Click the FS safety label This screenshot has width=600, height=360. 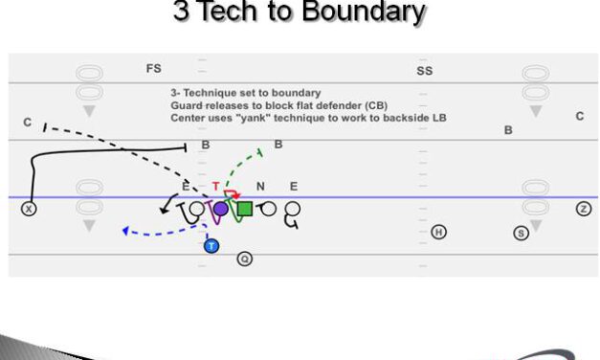[x=153, y=69]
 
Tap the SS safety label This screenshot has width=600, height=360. [x=424, y=71]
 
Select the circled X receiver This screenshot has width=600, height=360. [x=29, y=209]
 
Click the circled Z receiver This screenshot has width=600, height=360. [x=583, y=209]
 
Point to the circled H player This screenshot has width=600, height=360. [x=438, y=232]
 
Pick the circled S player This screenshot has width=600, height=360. [x=521, y=232]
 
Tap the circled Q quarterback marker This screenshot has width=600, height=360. [x=244, y=259]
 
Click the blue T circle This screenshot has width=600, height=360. [x=211, y=245]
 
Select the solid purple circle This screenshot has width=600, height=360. [x=220, y=208]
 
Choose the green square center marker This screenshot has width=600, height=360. [x=244, y=208]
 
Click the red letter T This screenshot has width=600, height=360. [x=216, y=187]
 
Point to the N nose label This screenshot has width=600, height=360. [x=260, y=188]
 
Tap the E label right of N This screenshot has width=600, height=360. [x=293, y=188]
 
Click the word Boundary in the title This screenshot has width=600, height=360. [x=368, y=12]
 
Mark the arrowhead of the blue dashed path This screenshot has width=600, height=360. [x=125, y=231]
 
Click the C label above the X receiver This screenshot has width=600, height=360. [x=28, y=123]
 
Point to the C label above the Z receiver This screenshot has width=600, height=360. [x=579, y=116]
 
